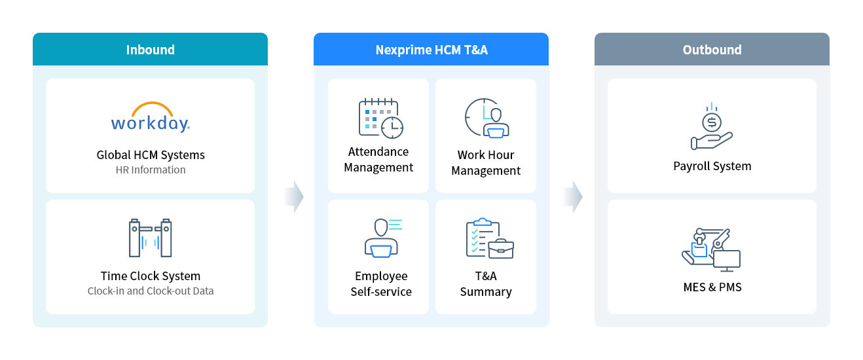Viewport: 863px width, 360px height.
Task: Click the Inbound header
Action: [150, 50]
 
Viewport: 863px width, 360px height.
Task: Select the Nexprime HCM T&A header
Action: [431, 50]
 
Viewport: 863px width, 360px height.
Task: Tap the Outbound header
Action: [712, 50]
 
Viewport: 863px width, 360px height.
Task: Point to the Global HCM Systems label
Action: [151, 155]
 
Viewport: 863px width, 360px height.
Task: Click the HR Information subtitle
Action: [151, 170]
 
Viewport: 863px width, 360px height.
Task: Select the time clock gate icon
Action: [151, 238]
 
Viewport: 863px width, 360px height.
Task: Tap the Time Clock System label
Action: [151, 276]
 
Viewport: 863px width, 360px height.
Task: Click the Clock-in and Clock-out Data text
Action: [151, 291]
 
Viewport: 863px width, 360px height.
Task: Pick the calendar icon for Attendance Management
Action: [380, 118]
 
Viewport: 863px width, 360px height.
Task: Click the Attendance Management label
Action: [378, 160]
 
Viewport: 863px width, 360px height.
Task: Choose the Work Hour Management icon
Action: [487, 118]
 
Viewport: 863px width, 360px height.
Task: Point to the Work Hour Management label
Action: [486, 163]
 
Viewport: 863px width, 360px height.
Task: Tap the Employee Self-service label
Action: [380, 284]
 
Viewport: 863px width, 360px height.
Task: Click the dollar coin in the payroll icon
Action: [711, 122]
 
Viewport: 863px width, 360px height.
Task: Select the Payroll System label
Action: [712, 166]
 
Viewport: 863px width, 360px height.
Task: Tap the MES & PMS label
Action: [712, 287]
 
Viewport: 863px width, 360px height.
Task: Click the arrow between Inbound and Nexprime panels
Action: [295, 196]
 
